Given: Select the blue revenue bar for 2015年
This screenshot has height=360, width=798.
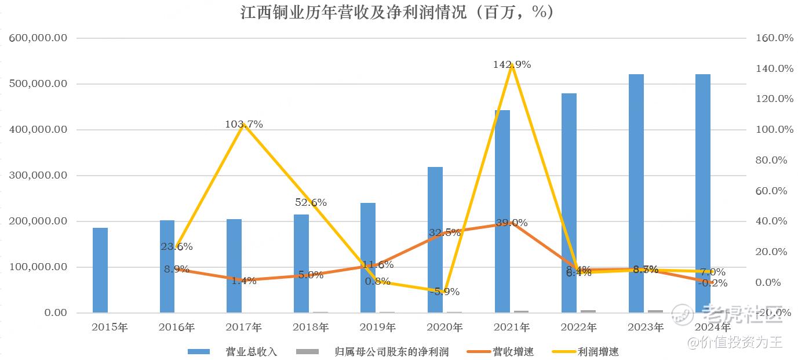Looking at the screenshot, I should pos(100,270).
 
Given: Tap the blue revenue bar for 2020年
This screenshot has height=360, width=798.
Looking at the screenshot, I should pos(435,240).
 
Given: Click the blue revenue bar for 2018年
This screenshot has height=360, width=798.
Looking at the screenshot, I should pos(301,264).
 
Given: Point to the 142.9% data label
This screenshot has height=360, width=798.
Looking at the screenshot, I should pos(512,65).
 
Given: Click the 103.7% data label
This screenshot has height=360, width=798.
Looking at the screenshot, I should pos(244,124).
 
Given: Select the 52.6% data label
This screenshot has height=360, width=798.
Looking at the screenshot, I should pos(311,202).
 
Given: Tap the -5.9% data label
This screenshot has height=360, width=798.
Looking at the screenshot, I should pos(444,292).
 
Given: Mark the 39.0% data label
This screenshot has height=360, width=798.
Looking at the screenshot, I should pos(512,223).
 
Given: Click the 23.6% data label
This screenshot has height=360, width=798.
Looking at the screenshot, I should pos(177,246).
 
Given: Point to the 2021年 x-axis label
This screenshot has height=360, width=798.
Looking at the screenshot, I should pos(512,328).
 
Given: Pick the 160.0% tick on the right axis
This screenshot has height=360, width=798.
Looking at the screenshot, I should pos(773,38).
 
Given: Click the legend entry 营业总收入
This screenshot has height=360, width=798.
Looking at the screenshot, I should pos(252,351).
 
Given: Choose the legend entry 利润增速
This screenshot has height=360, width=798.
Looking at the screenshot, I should pos(599,351).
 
